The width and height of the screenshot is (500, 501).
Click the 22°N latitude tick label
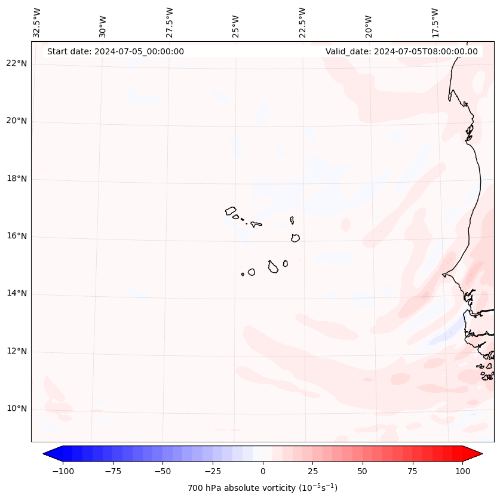point(17,64)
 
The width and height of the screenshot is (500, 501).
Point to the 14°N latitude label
point(17,294)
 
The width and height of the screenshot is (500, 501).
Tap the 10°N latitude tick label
point(17,409)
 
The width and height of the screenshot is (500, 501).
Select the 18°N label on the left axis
point(17,179)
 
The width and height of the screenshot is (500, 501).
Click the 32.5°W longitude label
point(37,23)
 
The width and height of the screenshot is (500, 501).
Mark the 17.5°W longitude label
point(435,23)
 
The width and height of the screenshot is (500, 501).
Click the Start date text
point(115,51)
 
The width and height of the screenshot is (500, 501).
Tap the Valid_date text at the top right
point(401,51)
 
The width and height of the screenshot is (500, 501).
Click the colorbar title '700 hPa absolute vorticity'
point(262,488)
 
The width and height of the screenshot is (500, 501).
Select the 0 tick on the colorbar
point(262,471)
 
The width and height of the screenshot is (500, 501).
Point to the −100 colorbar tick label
point(63,471)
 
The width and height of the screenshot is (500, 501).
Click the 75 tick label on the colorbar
point(412,471)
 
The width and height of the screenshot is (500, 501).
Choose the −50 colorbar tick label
point(162,471)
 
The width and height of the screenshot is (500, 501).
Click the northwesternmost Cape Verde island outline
point(231,210)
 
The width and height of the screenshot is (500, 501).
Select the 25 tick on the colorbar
point(312,471)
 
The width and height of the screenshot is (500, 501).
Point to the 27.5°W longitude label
point(170,23)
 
